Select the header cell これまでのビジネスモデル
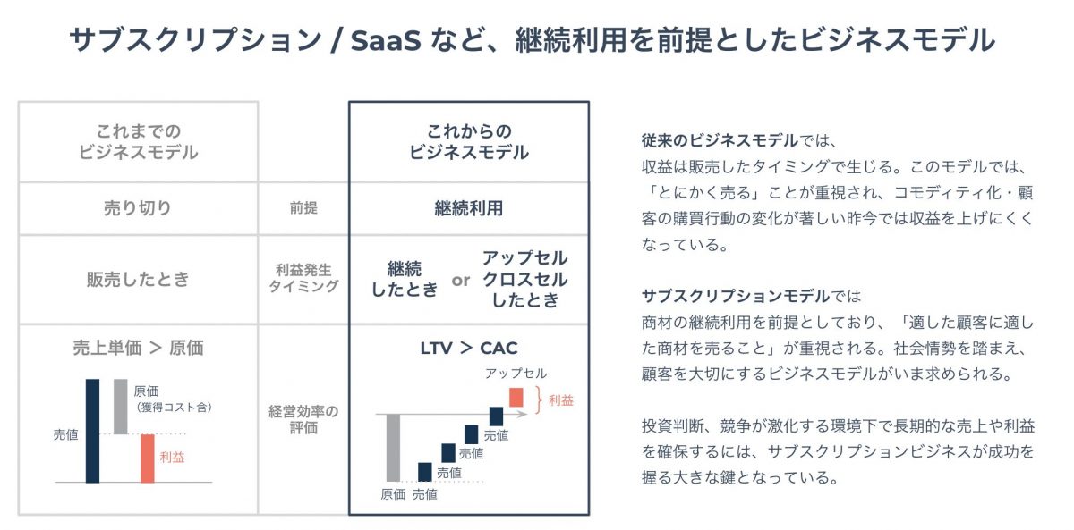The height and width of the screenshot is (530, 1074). click(137, 141)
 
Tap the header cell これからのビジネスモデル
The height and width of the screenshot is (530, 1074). click(468, 141)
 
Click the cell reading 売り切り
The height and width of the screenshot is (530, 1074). click(137, 208)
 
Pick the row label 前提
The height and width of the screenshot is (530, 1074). click(303, 208)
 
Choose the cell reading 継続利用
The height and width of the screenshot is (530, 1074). click(468, 208)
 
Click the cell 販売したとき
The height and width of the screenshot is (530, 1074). click(137, 279)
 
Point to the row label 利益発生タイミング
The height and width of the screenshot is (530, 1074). click(303, 278)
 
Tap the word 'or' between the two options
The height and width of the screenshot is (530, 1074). click(460, 280)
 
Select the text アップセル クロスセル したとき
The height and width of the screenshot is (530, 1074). click(524, 279)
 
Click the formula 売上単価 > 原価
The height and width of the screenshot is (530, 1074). click(137, 349)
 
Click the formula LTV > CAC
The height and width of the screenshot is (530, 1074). click(468, 349)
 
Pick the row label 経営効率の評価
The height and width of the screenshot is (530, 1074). click(303, 420)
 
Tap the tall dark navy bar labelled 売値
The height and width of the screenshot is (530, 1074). click(92, 430)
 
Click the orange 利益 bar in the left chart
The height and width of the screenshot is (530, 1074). click(147, 458)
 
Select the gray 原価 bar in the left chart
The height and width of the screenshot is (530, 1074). click(121, 406)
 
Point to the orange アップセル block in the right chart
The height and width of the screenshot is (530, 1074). click(516, 397)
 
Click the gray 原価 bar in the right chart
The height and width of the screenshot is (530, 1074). click(392, 447)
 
